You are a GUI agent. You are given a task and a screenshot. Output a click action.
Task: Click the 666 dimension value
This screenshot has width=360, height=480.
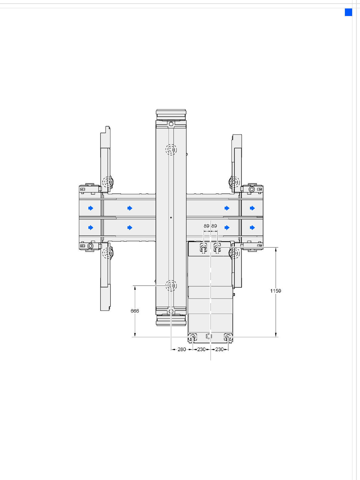point(135,311)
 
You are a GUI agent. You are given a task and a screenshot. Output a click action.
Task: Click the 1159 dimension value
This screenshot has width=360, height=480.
point(276,291)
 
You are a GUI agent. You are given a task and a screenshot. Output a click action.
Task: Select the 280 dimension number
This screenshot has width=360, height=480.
point(182,349)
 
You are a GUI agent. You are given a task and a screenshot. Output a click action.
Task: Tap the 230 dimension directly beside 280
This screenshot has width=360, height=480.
point(201,349)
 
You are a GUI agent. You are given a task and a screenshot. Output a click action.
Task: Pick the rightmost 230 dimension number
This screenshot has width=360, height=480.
point(219,349)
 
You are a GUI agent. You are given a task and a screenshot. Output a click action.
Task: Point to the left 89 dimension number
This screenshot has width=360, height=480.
point(206,226)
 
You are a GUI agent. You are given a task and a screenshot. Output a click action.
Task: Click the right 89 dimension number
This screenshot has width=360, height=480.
point(214,226)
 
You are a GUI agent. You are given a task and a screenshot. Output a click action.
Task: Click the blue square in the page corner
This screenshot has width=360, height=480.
point(349,12)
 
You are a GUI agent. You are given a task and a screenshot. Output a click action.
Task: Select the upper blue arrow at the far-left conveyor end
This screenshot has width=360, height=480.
point(91,208)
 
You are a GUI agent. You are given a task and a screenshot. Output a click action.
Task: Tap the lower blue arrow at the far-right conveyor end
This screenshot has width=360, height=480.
point(252,228)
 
